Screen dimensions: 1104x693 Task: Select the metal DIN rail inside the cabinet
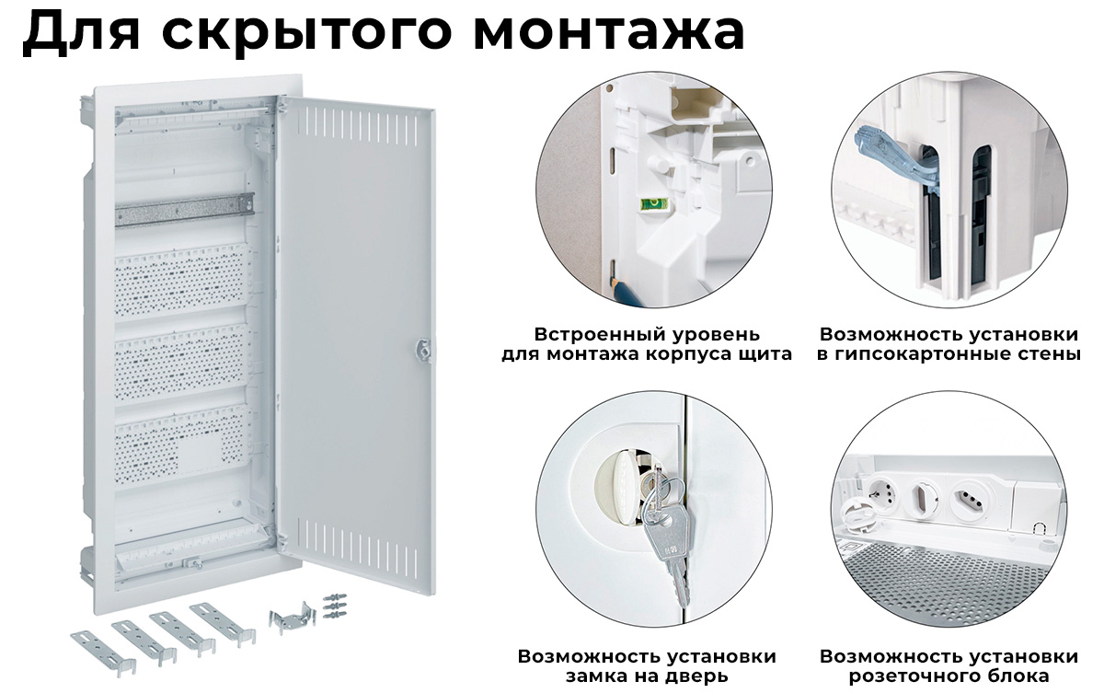click(x=185, y=210)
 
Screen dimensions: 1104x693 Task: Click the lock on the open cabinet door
click(x=423, y=350)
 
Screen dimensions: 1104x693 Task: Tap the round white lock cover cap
click(x=616, y=484)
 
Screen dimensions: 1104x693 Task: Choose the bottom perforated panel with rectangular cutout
click(x=181, y=445)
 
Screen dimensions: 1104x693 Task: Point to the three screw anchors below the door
click(x=334, y=606)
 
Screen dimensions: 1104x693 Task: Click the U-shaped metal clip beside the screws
click(x=292, y=615)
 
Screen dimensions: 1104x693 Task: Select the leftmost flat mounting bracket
click(x=103, y=653)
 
